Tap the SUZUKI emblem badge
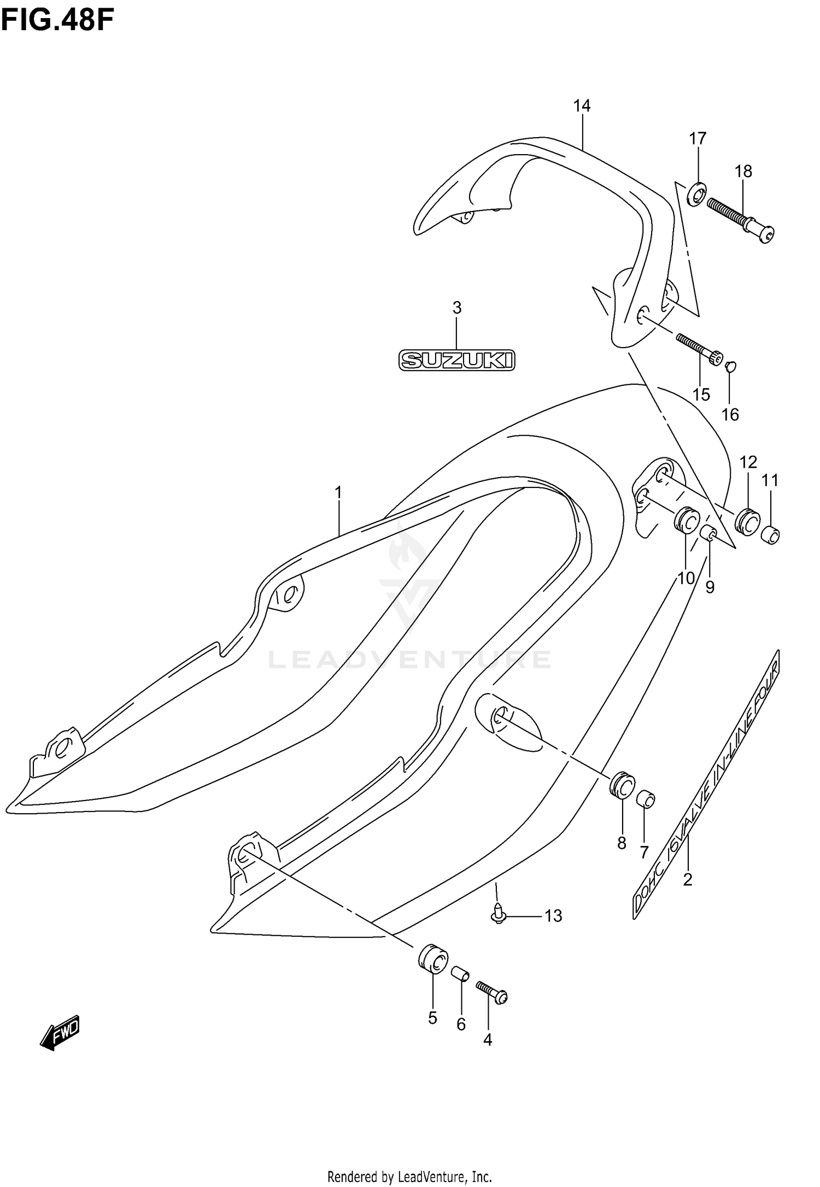coord(456,360)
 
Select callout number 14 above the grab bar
coord(582,105)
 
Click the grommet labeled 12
coord(747,520)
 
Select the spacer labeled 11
coord(771,534)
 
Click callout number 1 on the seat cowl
coord(338,492)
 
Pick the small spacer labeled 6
coord(460,974)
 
